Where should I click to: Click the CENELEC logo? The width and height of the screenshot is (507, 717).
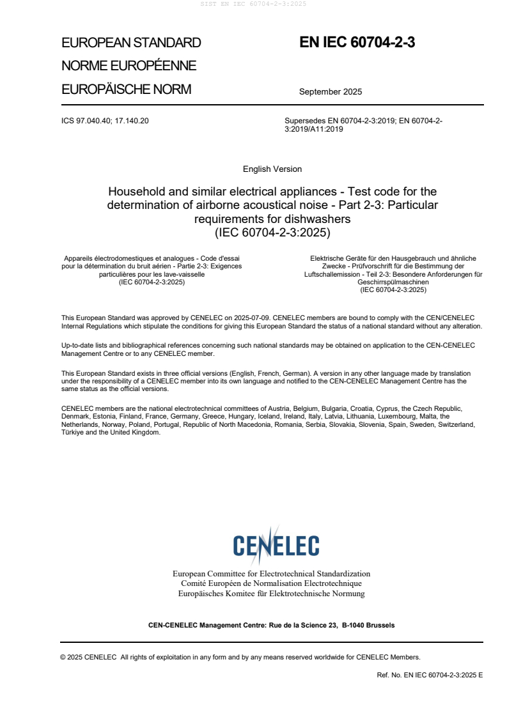(276, 545)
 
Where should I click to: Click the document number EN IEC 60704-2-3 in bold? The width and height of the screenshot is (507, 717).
(357, 43)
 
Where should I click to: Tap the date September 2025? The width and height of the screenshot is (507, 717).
(330, 91)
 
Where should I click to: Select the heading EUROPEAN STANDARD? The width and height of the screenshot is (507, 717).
(131, 43)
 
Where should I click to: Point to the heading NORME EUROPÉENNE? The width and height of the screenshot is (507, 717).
(129, 66)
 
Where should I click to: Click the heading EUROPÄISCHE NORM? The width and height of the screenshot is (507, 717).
(126, 89)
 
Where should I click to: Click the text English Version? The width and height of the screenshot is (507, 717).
(272, 169)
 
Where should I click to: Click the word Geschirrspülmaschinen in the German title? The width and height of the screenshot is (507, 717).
(393, 282)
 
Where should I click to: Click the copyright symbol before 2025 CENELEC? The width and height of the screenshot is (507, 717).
(63, 657)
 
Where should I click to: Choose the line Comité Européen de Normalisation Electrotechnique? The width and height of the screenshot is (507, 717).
(272, 583)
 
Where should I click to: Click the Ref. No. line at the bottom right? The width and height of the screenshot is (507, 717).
(430, 675)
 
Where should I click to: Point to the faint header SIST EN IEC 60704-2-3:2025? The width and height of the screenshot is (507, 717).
(253, 4)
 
